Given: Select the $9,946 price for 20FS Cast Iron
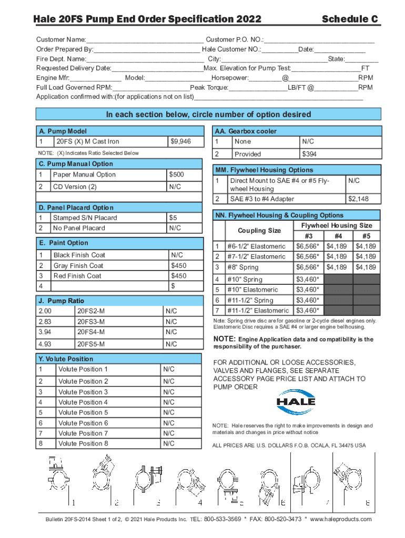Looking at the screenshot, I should [180, 141].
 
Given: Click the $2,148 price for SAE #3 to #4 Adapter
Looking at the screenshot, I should [358, 199].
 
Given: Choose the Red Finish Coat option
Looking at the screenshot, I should [78, 276].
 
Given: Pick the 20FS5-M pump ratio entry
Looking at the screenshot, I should [91, 344].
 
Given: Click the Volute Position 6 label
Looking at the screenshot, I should [83, 423].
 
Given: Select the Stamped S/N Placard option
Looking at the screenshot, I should [85, 218].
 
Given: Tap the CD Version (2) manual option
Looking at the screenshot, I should [75, 187].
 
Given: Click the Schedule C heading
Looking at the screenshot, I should [350, 19].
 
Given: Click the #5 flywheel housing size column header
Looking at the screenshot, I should [367, 236].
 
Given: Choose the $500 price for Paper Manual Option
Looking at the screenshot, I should [176, 174].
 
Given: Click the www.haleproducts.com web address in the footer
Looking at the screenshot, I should [341, 519].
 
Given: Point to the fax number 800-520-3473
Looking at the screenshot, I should [282, 519].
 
